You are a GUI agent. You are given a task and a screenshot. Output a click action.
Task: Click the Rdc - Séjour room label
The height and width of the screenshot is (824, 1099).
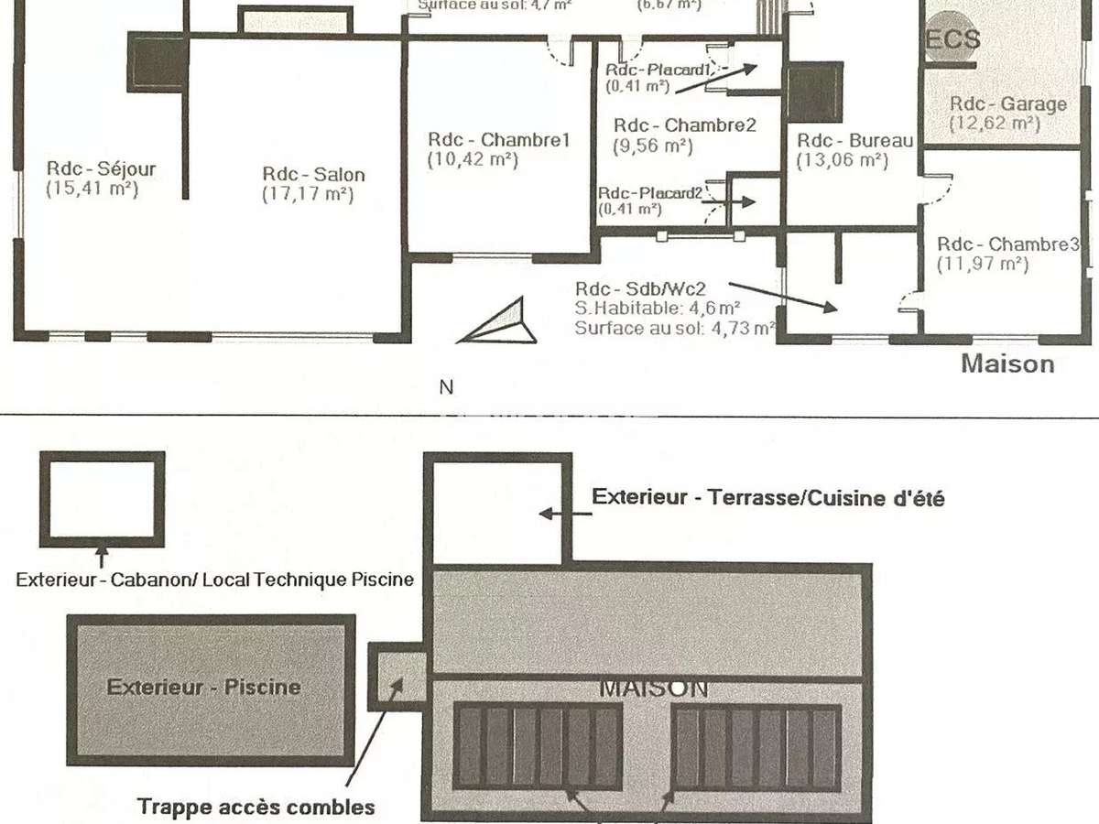click(101, 169)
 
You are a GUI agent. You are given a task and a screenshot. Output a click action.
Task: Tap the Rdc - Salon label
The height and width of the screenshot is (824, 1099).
click(313, 175)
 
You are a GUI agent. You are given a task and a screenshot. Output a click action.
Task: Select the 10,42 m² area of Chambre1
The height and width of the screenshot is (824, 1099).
click(473, 159)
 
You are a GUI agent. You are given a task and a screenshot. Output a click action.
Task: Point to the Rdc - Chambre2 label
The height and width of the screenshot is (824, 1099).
click(684, 125)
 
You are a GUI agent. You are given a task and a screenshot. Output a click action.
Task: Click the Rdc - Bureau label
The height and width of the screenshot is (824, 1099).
click(854, 141)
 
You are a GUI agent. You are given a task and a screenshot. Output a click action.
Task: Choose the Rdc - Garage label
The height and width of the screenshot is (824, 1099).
click(1007, 104)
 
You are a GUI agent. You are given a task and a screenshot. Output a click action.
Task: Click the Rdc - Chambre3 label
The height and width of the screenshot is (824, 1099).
click(1007, 244)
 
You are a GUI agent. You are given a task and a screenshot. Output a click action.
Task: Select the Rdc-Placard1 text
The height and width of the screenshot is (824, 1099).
click(658, 70)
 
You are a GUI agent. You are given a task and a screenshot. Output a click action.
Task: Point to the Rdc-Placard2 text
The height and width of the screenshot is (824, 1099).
click(650, 194)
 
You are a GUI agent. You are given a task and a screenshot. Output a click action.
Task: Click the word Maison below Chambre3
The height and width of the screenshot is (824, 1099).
click(1007, 363)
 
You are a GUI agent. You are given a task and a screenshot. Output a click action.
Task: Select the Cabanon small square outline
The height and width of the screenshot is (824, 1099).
click(102, 499)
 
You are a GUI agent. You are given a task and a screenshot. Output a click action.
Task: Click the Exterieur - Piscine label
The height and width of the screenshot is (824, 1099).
click(203, 687)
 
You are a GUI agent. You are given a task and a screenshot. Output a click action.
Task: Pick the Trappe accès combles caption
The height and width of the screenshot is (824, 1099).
click(256, 807)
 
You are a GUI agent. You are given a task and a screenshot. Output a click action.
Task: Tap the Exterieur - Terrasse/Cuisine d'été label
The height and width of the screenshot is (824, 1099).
click(767, 498)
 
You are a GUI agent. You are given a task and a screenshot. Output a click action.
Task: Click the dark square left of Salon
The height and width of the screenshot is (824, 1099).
click(157, 63)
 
